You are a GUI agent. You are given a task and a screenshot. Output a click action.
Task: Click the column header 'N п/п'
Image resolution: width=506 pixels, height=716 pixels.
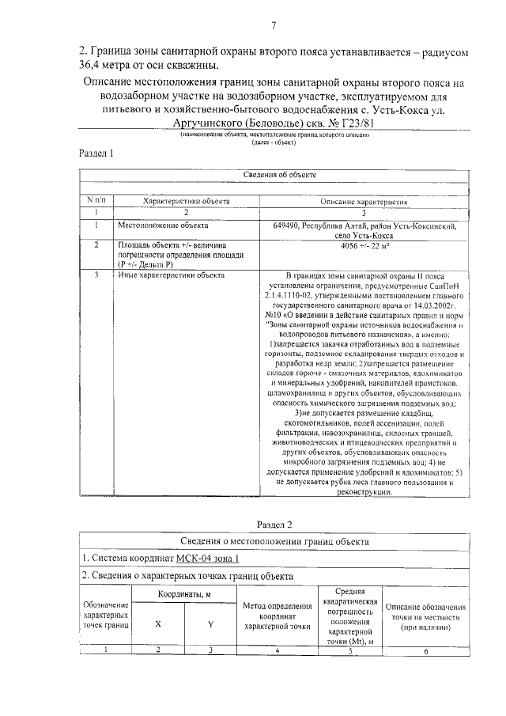pyautogui.click(x=96, y=202)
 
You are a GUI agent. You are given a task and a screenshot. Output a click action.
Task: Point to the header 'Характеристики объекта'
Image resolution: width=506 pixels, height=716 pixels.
pyautogui.click(x=186, y=202)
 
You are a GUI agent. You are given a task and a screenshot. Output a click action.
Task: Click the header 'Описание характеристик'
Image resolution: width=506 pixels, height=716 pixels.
pyautogui.click(x=363, y=202)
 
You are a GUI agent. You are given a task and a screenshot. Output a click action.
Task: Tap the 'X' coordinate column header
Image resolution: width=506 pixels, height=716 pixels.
pyautogui.click(x=158, y=624)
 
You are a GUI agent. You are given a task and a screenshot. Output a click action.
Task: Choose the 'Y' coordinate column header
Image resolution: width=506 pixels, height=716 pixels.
pyautogui.click(x=211, y=624)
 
